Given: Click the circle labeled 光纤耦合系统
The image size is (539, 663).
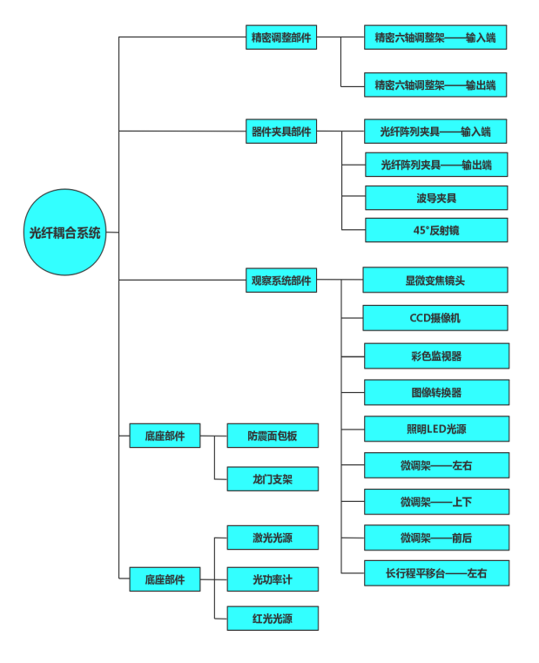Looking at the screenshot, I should tap(65, 233).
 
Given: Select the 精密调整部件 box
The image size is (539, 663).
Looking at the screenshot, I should tap(280, 37).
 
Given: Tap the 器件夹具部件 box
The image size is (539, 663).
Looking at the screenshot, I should tap(280, 132).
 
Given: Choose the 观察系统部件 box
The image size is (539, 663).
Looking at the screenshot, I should tap(280, 281).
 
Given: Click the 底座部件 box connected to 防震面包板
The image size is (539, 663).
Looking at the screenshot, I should tap(165, 436).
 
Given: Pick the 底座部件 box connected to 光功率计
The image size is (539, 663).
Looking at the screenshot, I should tap(165, 579).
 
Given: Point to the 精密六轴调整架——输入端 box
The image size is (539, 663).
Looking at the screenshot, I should tap(435, 37).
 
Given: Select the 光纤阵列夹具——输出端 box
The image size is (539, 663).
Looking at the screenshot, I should tap(435, 165).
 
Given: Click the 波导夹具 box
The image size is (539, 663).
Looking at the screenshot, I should tap(435, 198).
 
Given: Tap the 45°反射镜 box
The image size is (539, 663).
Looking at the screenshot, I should tap(435, 230).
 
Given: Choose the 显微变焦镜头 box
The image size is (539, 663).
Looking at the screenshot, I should tap(435, 281).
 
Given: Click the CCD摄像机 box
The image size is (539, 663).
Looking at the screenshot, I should tap(435, 318).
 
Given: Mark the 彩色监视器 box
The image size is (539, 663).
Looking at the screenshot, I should tap(435, 355).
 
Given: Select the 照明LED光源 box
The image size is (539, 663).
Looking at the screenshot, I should tap(435, 429).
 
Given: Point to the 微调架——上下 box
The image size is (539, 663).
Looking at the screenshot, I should tap(435, 502).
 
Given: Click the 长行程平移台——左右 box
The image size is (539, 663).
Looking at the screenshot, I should tap(435, 573).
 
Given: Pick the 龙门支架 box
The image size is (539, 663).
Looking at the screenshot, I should tap(273, 479).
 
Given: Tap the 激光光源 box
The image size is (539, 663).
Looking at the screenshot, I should tap(273, 538).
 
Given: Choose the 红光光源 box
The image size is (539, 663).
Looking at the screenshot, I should tap(273, 619).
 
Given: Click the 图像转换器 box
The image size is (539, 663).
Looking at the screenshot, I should tap(435, 392).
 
